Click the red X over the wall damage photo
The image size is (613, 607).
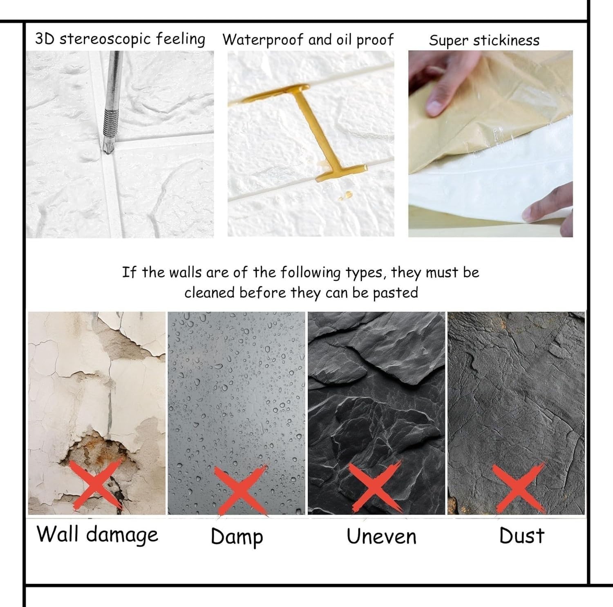[x=97, y=484]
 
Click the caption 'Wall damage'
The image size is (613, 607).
[x=97, y=535]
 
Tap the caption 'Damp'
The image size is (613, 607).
[x=237, y=537]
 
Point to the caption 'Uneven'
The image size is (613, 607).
[x=382, y=536]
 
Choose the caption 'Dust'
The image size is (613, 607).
[x=522, y=536]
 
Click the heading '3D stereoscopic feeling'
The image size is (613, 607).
[x=120, y=39]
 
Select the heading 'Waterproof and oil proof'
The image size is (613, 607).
[x=308, y=40]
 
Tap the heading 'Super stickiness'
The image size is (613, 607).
[x=484, y=40]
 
